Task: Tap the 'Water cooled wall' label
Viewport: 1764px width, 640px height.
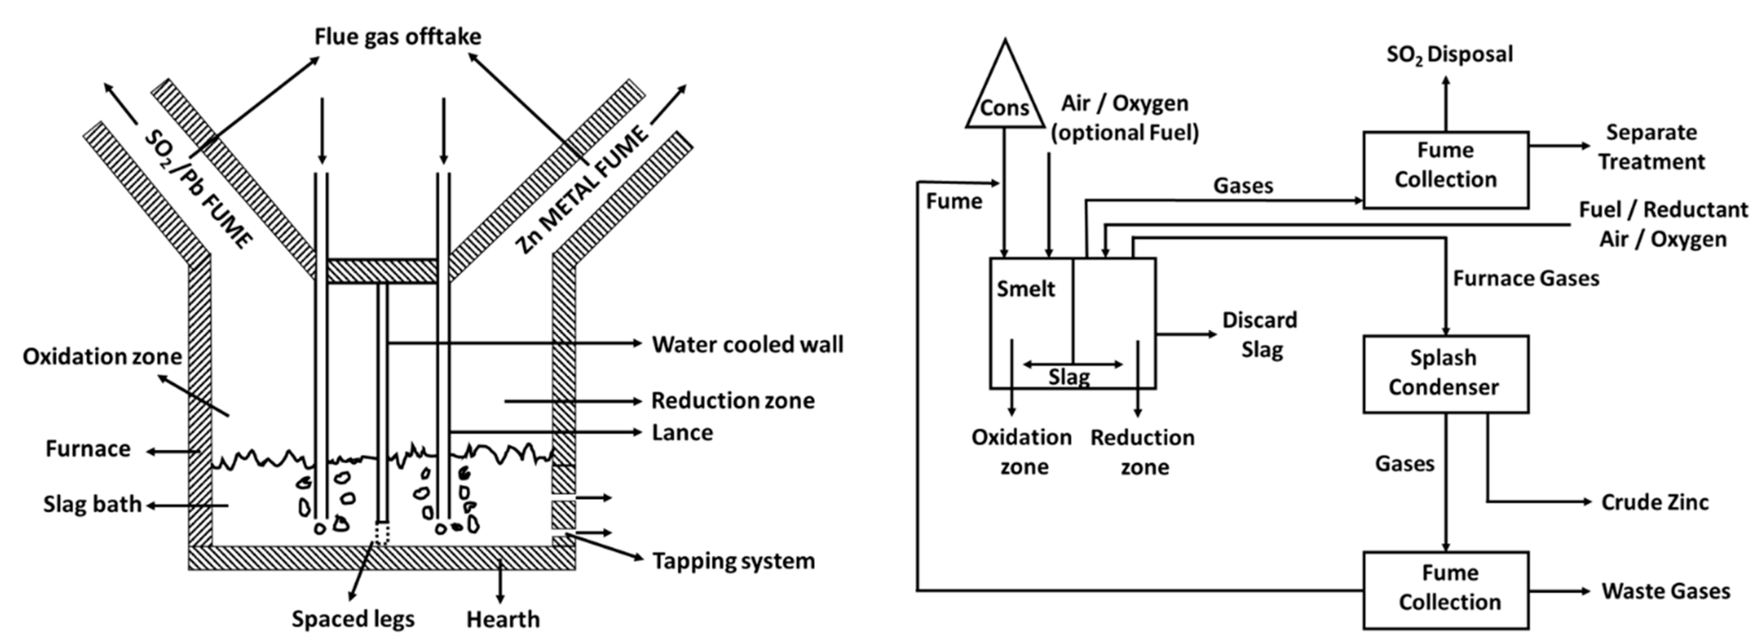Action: point(747,344)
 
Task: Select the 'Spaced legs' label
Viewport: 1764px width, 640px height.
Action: point(353,619)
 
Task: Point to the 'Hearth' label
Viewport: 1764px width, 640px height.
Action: point(502,620)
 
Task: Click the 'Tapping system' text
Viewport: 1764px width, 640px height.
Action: point(733,561)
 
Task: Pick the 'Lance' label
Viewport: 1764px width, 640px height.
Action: point(682,433)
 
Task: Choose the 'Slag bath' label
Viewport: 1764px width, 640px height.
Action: point(92,504)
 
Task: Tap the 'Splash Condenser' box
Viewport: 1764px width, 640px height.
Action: point(1445,374)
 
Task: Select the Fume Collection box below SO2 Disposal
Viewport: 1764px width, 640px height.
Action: point(1445,169)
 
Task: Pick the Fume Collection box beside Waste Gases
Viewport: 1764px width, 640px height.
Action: point(1445,589)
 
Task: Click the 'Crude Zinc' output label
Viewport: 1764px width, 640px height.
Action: point(1654,502)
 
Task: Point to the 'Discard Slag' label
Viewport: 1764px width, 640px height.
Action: point(1260,335)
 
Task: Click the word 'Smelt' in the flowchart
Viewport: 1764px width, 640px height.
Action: point(1025,289)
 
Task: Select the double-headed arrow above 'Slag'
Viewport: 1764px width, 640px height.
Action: point(1072,364)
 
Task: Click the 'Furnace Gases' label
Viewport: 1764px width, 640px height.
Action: point(1526,279)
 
